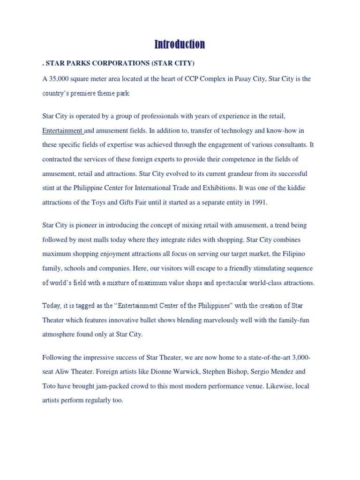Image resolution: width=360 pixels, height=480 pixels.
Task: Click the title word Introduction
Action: coord(180,45)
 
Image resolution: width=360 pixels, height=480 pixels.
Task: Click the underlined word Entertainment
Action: coord(62,130)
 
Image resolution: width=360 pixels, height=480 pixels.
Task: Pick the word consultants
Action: coord(290,145)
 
